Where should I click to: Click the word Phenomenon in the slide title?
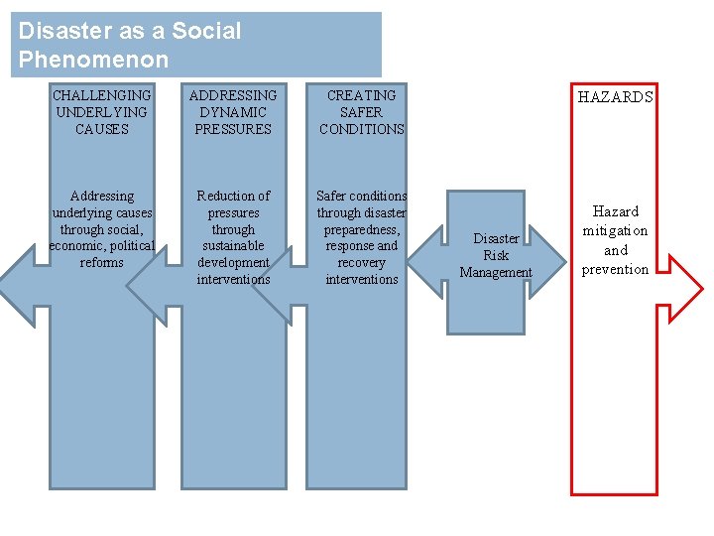93,60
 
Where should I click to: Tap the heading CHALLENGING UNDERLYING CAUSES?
101,112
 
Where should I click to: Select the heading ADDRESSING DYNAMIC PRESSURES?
233,112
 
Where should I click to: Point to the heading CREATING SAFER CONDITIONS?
362,112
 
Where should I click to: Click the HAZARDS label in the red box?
616,97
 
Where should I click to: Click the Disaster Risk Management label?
496,255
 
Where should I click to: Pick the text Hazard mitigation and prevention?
615,240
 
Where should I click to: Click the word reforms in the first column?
101,263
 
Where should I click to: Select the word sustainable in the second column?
233,246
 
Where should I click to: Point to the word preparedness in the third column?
361,229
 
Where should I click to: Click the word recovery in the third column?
361,263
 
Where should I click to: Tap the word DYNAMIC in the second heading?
233,112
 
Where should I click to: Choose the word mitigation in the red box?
615,230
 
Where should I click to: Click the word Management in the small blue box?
496,273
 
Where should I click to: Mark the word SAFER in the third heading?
362,112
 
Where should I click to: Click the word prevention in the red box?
615,269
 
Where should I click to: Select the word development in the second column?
233,263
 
